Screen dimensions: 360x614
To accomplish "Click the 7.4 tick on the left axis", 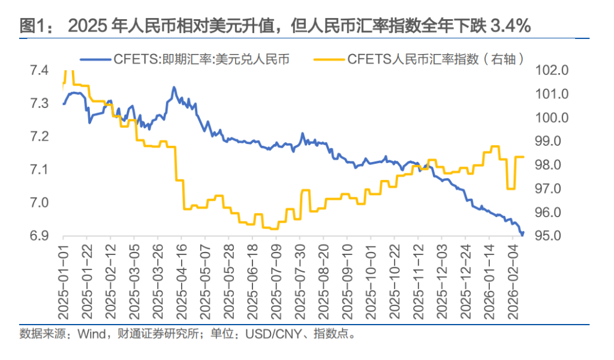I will click(x=40, y=71).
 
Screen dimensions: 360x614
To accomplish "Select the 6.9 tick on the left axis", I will click(x=40, y=236).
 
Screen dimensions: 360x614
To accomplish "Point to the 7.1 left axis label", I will click(x=40, y=170).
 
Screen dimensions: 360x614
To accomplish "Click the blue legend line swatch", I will click(x=94, y=59).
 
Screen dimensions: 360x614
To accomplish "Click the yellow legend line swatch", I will click(x=329, y=59).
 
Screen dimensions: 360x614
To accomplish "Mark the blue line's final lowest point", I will click(x=522, y=235).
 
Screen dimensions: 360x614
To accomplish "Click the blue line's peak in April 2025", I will click(x=174, y=88).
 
